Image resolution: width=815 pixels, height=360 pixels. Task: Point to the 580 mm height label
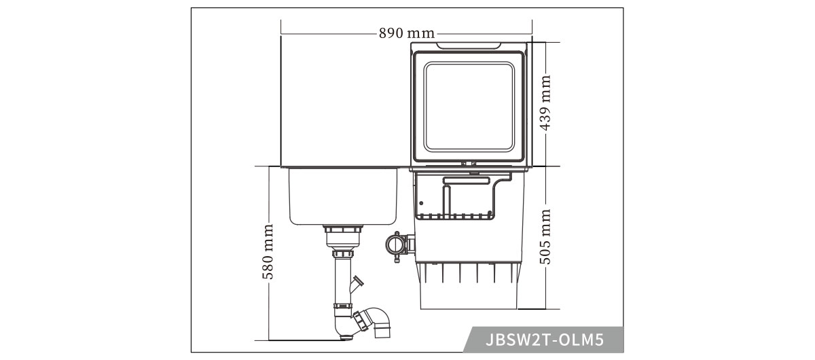(268, 252)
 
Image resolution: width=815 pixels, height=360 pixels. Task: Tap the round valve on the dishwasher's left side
(395, 242)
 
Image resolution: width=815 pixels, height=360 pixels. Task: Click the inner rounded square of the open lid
(470, 107)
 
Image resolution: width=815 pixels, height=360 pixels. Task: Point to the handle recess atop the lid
(469, 46)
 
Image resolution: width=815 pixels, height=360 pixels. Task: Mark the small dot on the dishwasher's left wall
(421, 202)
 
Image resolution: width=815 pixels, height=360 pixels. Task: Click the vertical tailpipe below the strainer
(341, 278)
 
